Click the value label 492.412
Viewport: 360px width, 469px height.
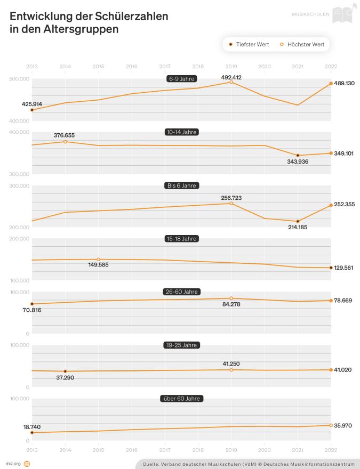[x=231, y=77]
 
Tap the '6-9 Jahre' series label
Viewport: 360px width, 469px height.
[x=181, y=79]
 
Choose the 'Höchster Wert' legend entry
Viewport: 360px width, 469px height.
[x=302, y=44]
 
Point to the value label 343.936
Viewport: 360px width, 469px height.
[x=298, y=161]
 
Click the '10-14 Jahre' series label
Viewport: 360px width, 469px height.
[x=181, y=132]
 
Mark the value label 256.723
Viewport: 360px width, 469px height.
[x=231, y=198]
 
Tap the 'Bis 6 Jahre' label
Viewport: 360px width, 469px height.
[x=181, y=186]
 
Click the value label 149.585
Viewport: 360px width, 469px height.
[x=98, y=264]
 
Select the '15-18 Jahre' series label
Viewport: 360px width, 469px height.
[x=181, y=239]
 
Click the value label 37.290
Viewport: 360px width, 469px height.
[x=65, y=377]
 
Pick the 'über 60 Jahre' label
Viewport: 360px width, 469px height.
[x=181, y=399]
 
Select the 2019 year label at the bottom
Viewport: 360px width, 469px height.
[x=231, y=446]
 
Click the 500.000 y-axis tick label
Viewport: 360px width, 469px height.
[x=20, y=79]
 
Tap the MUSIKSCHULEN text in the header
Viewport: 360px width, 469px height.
[x=310, y=14]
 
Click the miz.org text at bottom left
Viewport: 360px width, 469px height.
[x=13, y=464]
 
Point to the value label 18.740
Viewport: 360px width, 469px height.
[x=32, y=427]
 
